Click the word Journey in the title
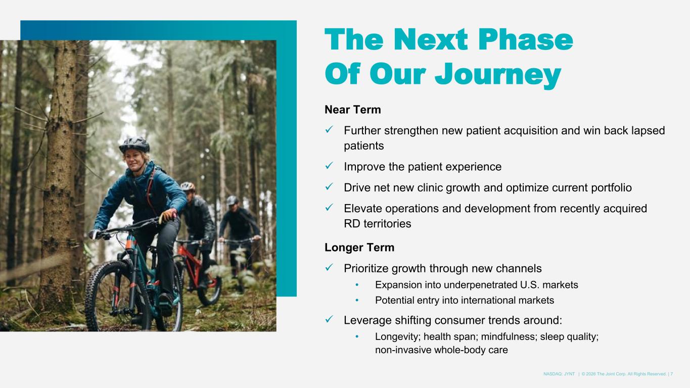498,75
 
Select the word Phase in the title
526,40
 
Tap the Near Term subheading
353,110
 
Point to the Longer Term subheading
359,248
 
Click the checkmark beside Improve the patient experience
329,166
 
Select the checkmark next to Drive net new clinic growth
329,187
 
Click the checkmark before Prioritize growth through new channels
329,268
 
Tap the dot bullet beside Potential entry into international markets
357,300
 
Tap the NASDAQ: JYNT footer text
559,374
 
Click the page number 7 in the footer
671,374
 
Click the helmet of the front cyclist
134,144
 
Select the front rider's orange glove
168,215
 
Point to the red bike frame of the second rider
192,262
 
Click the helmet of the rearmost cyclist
232,200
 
